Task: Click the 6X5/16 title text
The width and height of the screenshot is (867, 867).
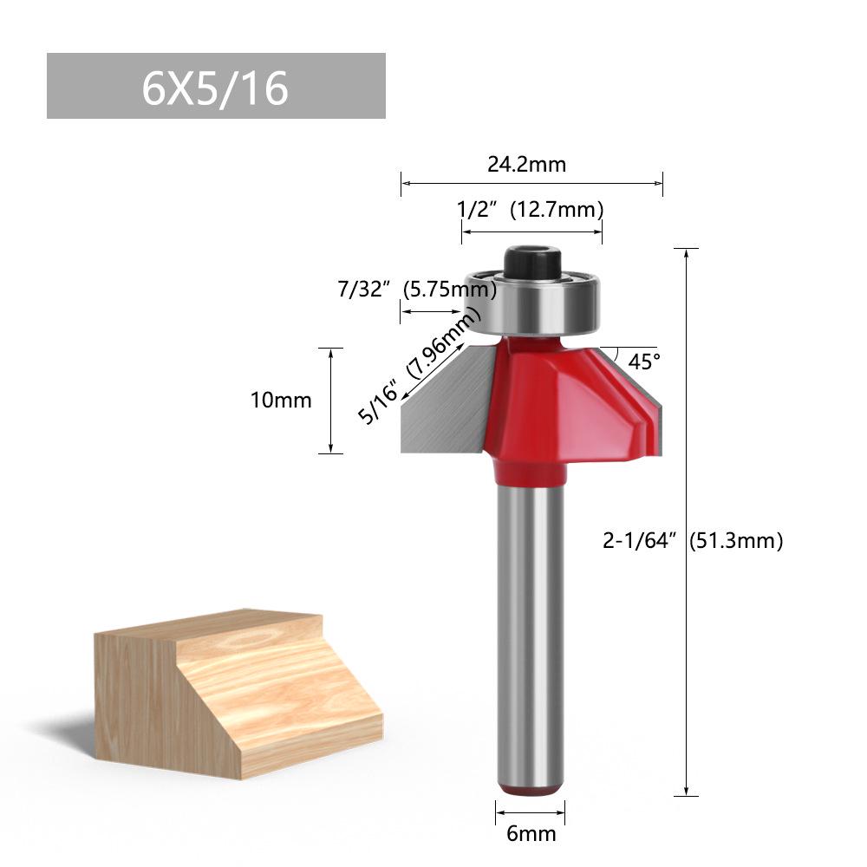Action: click(215, 87)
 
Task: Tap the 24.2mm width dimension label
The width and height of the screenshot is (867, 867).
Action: click(526, 164)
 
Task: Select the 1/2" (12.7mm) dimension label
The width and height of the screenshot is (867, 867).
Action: click(530, 210)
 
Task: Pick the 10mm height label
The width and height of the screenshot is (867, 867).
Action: click(280, 400)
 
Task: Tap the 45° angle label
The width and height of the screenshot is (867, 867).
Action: click(644, 362)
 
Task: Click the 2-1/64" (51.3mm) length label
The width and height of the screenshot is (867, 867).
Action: click(693, 541)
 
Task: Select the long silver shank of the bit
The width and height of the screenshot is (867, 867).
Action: click(530, 624)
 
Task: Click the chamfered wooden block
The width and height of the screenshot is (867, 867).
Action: click(234, 694)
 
